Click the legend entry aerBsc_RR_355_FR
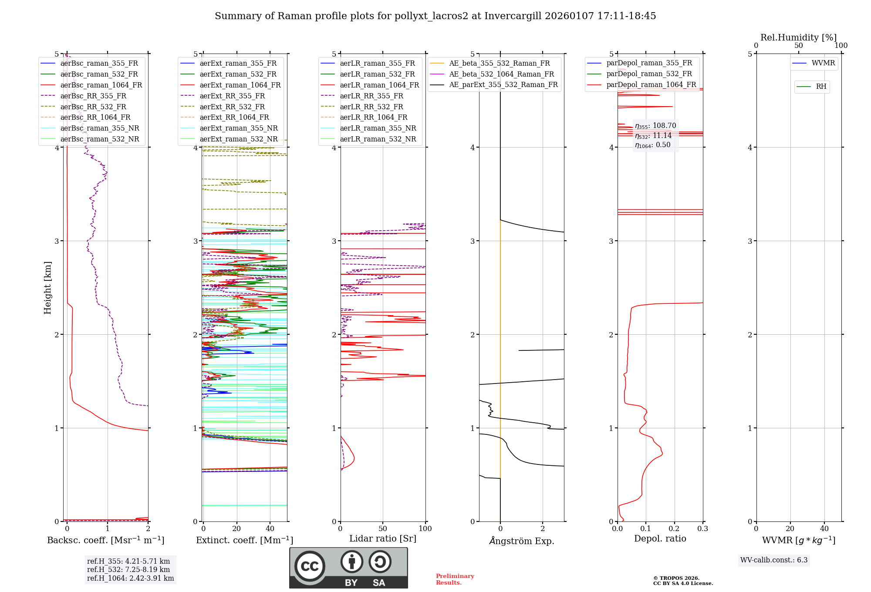point(93,96)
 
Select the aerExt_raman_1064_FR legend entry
point(240,85)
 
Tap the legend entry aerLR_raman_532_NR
point(378,139)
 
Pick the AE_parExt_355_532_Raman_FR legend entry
point(503,84)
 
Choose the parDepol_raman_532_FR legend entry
point(649,74)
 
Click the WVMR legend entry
point(823,63)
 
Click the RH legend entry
point(821,87)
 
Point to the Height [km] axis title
point(47,288)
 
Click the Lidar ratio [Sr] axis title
point(383,538)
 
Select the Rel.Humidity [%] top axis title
point(798,37)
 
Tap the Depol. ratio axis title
point(660,538)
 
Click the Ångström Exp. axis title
point(521,541)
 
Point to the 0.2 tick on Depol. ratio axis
point(674,528)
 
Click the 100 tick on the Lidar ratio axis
point(425,528)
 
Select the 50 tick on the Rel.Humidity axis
point(798,46)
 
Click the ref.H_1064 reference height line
point(130,578)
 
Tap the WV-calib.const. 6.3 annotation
point(774,560)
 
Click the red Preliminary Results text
point(455,579)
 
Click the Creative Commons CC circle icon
point(310,566)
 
